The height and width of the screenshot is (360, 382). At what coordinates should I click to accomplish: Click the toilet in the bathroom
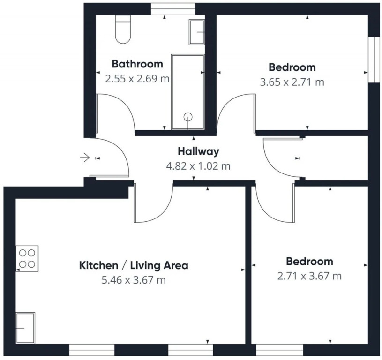pos(123,29)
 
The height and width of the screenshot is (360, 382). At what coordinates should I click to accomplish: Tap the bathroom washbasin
pos(196,32)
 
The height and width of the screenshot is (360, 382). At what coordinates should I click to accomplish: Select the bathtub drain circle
pos(188,117)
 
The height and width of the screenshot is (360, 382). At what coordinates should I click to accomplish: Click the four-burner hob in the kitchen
pos(27,258)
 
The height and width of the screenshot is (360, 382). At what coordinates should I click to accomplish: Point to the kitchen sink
pos(25,328)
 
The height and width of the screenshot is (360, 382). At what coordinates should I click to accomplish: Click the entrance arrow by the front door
pos(84,158)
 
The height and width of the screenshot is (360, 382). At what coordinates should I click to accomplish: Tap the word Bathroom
pos(137,64)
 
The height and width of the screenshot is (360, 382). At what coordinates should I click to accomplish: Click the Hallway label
pos(198,151)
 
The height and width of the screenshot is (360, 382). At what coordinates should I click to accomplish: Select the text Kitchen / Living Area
pos(134,265)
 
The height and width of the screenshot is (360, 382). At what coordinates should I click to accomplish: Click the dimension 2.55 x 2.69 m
pos(137,79)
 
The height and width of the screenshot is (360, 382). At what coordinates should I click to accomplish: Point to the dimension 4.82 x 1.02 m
pos(198,166)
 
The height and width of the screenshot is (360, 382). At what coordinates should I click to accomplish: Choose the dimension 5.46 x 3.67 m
pos(134,280)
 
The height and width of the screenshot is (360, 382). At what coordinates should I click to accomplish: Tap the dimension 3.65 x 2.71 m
pos(292,82)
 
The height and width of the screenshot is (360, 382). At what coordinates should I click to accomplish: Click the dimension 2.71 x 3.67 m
pos(309,276)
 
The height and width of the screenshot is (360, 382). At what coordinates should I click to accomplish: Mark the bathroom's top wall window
pos(173,9)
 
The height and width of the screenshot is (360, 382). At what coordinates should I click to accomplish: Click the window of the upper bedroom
pos(374,60)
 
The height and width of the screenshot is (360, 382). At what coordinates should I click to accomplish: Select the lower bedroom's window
pos(280,350)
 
